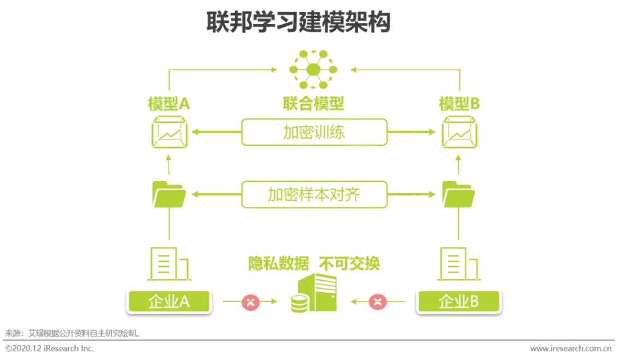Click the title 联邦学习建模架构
[298, 22]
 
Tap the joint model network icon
[313, 70]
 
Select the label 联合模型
[314, 103]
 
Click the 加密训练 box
[314, 132]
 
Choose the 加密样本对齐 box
[314, 195]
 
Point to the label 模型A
[169, 103]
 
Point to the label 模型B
[459, 103]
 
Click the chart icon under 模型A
[169, 133]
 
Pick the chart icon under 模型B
[460, 133]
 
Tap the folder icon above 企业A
[169, 194]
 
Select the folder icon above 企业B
[459, 194]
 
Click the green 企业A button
[169, 302]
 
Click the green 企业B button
[459, 302]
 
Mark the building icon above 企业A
[169, 264]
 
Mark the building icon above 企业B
[459, 264]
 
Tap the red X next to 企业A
[250, 302]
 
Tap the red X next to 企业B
[378, 302]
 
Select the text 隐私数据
[278, 263]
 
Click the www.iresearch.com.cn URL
[571, 348]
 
